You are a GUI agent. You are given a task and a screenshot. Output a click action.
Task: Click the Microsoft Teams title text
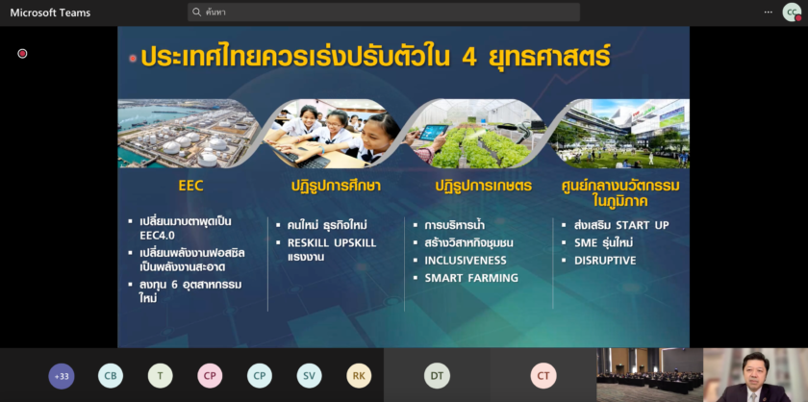tap(50, 13)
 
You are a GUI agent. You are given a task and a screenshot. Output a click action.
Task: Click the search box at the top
tap(384, 12)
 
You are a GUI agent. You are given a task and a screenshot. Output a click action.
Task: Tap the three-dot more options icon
tap(769, 12)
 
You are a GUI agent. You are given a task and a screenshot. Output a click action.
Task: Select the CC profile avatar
tap(792, 12)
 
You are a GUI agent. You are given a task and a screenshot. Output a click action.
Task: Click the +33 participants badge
tap(62, 376)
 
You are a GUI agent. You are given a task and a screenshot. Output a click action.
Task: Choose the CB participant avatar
tap(111, 376)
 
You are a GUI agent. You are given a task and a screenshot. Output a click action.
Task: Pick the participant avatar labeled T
tap(161, 376)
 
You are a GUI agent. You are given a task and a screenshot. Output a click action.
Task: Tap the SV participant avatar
tap(309, 376)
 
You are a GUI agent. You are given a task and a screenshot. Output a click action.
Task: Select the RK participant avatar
tap(359, 376)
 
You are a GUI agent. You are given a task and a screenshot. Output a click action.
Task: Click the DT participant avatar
tap(437, 376)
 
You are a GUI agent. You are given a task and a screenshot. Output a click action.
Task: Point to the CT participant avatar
tap(543, 376)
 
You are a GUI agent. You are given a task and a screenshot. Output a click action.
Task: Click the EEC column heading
tap(190, 186)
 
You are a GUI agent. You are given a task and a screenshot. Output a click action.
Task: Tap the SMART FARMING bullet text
tap(471, 278)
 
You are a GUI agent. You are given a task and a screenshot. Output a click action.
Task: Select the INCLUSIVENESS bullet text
tap(466, 261)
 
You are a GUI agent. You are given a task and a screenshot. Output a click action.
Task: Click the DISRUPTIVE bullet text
tap(605, 261)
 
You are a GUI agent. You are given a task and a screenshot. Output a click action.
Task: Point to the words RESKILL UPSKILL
tap(332, 242)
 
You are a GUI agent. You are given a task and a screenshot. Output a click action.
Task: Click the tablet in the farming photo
tap(433, 133)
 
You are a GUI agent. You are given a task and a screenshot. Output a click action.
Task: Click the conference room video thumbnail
tap(650, 375)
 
